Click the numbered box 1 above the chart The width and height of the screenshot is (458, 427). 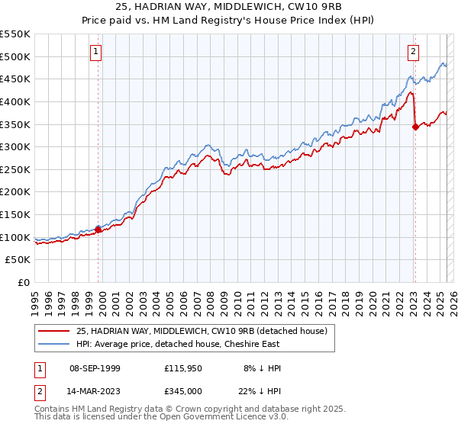(97, 52)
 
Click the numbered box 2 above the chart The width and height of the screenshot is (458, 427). (413, 52)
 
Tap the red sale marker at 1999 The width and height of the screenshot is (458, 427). (98, 229)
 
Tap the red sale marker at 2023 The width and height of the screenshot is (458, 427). (415, 127)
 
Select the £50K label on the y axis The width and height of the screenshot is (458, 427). (18, 260)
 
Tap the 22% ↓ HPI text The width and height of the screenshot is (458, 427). (260, 390)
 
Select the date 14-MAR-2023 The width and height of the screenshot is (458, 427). (95, 390)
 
